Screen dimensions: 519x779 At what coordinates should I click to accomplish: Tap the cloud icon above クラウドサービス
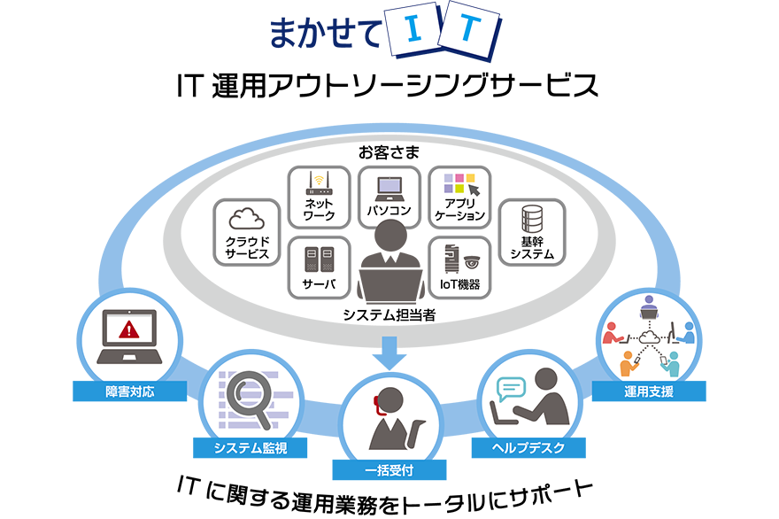click(248, 219)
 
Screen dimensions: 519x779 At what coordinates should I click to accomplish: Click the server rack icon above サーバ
click(318, 259)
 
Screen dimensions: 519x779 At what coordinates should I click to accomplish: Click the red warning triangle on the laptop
click(130, 331)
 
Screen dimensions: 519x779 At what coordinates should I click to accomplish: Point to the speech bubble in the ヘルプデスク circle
click(512, 389)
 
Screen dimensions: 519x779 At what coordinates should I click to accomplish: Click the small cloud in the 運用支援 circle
click(649, 337)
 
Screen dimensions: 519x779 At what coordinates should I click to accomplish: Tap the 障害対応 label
click(129, 391)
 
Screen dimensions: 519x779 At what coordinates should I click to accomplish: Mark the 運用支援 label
click(649, 391)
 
